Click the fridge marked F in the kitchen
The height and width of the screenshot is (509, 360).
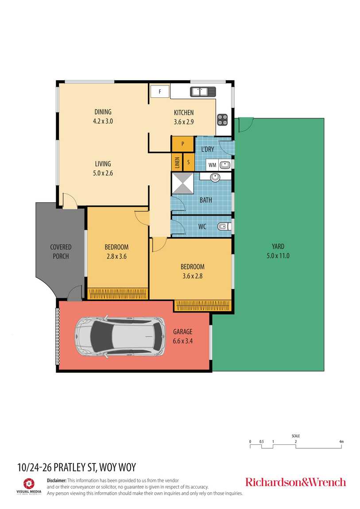[x=160, y=91]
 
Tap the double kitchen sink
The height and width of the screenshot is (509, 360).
[x=203, y=92]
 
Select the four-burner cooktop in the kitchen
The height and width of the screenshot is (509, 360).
[x=222, y=119]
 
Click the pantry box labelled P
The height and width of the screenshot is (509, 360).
[x=182, y=144]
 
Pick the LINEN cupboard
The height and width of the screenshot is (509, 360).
[x=177, y=162]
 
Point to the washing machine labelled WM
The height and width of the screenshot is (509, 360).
[x=212, y=165]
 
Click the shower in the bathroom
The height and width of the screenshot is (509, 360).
[x=182, y=183]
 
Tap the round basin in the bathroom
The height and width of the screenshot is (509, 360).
[x=215, y=177]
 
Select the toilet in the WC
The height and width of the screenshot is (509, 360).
[x=224, y=226]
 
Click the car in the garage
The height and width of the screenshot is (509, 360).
[x=120, y=337]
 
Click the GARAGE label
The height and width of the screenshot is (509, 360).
[x=183, y=332]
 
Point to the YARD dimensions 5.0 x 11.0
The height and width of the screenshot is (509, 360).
[x=278, y=256]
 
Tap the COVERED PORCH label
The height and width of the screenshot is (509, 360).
[x=61, y=251]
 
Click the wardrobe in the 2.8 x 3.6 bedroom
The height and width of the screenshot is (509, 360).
[x=117, y=294]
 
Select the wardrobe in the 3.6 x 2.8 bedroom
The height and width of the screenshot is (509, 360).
[x=203, y=305]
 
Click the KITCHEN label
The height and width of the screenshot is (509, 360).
[x=184, y=112]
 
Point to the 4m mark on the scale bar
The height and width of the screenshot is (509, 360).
[x=341, y=441]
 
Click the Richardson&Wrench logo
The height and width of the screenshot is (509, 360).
[x=295, y=482]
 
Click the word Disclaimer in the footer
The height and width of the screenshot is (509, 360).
[x=57, y=480]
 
